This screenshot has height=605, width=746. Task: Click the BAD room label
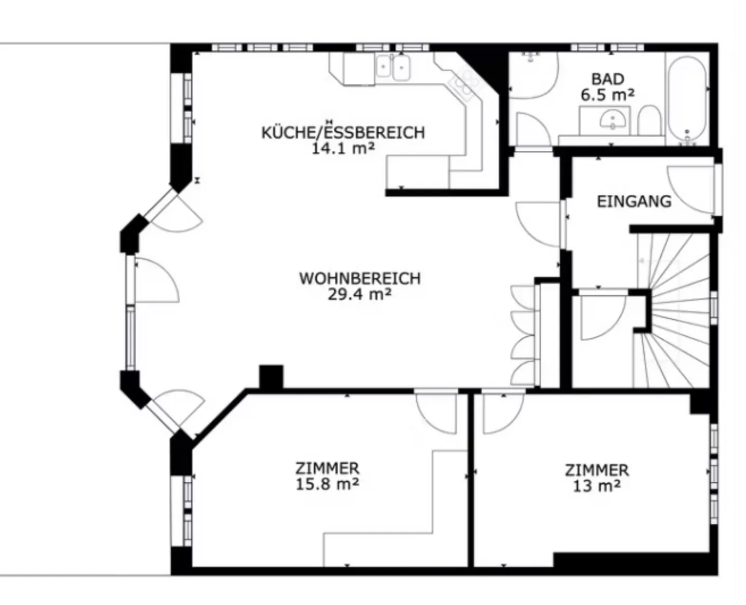point(608,79)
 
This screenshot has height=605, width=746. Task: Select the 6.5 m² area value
point(608,95)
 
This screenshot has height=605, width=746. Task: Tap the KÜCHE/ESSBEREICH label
point(343,133)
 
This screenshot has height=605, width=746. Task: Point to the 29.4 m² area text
point(359,295)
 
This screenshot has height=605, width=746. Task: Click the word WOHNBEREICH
point(360,279)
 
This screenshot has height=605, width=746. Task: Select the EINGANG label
point(634,201)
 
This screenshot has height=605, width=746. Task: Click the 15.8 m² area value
point(327,485)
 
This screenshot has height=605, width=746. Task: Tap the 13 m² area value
point(597,486)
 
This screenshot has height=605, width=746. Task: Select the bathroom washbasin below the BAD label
point(611,121)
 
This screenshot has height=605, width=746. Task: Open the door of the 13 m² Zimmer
point(501,412)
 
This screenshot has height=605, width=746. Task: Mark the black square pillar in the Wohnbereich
point(271,377)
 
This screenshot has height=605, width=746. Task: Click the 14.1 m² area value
point(343,149)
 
